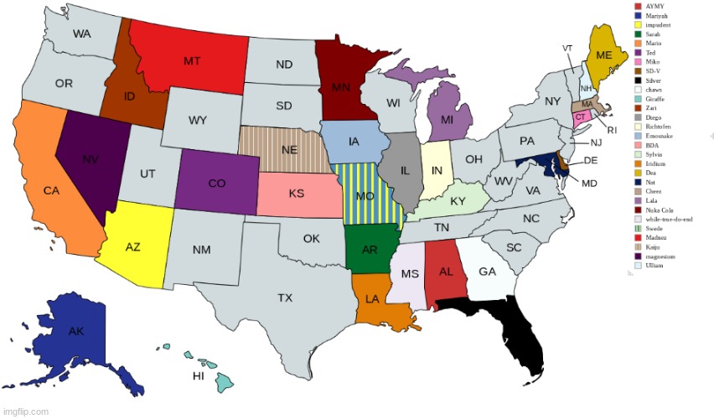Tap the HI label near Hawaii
pyautogui.click(x=199, y=376)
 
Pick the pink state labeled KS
pyautogui.click(x=296, y=194)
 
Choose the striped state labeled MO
pyautogui.click(x=365, y=195)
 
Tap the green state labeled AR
pyautogui.click(x=369, y=249)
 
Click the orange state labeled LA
pyautogui.click(x=373, y=298)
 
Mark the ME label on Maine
pyautogui.click(x=603, y=54)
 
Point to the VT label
pyautogui.click(x=567, y=48)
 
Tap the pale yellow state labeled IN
pyautogui.click(x=436, y=169)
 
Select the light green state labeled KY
pyautogui.click(x=458, y=201)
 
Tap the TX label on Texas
pyautogui.click(x=285, y=297)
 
